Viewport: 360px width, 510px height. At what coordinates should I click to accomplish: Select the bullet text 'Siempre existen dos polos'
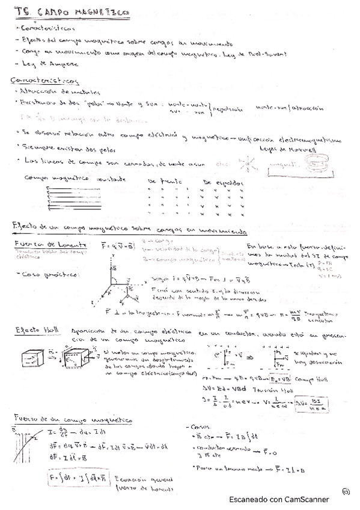56,146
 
